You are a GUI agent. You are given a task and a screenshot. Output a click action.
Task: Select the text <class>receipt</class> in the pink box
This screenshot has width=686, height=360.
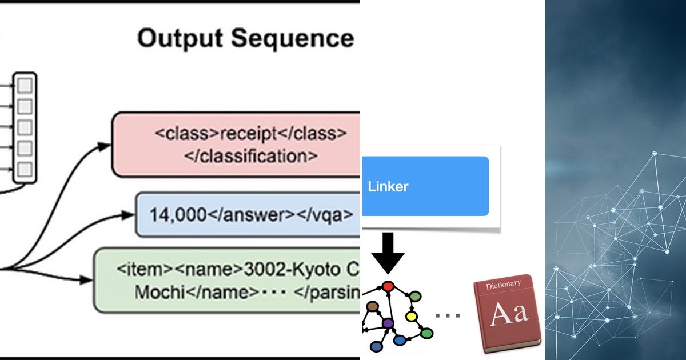pos(250,133)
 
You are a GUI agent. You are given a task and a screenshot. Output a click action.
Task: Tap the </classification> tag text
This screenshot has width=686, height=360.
pos(250,156)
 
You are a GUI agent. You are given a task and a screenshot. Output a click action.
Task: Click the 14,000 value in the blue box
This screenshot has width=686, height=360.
pos(177,215)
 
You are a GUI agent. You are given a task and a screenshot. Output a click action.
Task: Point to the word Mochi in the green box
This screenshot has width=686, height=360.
pos(158,291)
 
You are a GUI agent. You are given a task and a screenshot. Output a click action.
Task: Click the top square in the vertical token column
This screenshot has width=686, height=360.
pos(25,86)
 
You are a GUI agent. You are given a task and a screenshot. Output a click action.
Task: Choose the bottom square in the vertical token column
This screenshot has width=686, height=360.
pos(25,169)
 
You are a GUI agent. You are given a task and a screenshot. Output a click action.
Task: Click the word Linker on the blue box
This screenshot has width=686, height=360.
pos(388,186)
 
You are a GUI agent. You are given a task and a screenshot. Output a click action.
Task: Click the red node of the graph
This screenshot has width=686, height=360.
pos(388,286)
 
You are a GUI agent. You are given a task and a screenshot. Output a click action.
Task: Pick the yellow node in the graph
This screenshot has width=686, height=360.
pos(411,316)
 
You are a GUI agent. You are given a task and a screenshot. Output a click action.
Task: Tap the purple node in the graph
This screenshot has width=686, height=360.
pos(388,323)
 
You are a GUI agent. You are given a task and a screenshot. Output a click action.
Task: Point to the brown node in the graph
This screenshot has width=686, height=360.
pos(373,307)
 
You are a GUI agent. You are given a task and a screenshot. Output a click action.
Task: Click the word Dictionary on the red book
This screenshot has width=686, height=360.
pos(503,283)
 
